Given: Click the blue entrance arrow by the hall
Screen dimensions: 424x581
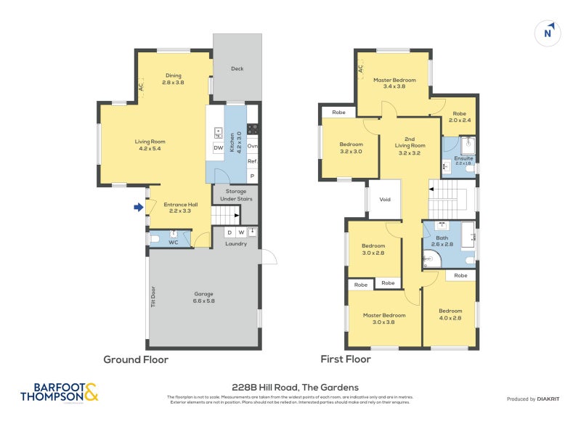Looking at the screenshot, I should (x=138, y=208).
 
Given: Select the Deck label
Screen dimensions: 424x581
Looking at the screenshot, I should (x=237, y=69).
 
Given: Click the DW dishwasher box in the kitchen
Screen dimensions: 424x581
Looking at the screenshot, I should (x=218, y=148).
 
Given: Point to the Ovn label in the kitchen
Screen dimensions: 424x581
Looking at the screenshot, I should (x=253, y=147).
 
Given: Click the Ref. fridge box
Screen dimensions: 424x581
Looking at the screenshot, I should (x=253, y=161).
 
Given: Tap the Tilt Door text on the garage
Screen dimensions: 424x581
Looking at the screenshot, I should (x=153, y=296).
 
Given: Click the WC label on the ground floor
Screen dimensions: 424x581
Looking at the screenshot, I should (x=173, y=242).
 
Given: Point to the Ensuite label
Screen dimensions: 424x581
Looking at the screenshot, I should (x=463, y=160).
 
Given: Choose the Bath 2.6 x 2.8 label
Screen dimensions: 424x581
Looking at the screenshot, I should (x=444, y=241).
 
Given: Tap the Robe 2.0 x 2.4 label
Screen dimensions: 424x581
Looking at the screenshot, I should (x=460, y=116).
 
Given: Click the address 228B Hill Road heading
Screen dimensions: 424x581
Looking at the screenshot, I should (x=290, y=387).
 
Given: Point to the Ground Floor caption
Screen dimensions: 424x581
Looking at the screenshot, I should (x=136, y=359).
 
